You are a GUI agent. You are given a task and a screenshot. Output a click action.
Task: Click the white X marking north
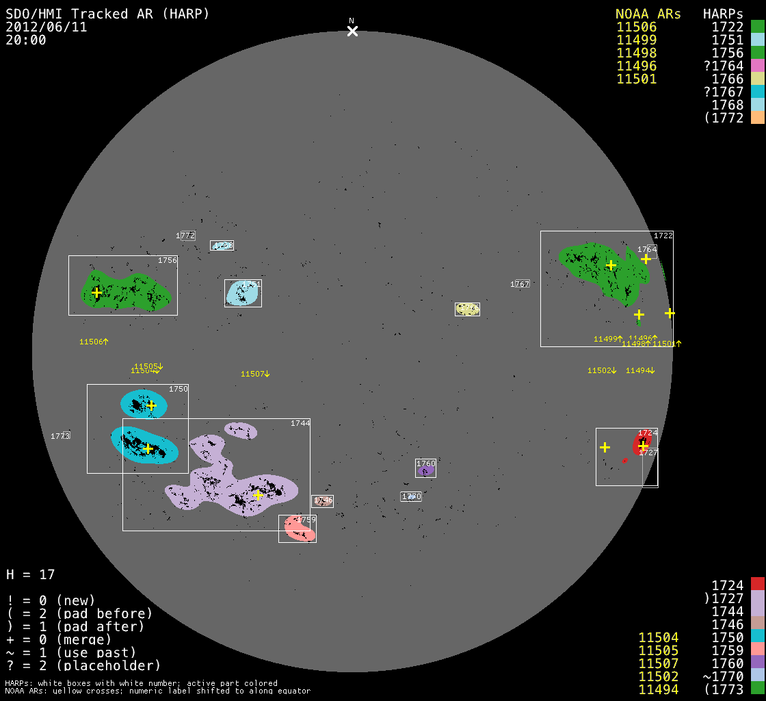tap(352, 31)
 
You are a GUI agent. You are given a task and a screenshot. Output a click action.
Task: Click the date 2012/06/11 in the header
tap(47, 27)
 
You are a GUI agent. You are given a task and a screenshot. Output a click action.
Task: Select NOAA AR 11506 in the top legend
tap(636, 27)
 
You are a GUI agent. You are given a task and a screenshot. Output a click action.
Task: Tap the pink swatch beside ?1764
tap(757, 66)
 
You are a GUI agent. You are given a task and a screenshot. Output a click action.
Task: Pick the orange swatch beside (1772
tap(757, 117)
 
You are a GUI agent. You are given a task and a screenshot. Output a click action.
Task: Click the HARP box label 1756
tap(168, 260)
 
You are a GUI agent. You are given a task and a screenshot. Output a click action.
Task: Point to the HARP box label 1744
tap(300, 423)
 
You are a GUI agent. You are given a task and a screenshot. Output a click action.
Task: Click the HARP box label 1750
tap(178, 389)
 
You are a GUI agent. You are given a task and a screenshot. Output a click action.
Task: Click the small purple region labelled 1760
tap(425, 471)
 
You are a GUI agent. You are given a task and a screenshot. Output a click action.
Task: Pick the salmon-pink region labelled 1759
tap(300, 529)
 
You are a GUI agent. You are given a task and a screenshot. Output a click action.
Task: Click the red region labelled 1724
tap(642, 445)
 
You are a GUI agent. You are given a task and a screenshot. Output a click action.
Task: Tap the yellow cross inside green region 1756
tap(96, 293)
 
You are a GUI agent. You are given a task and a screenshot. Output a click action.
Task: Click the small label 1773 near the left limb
tap(60, 436)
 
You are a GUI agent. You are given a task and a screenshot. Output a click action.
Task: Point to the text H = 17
tap(30, 574)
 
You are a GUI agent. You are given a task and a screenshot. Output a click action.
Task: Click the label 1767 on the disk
tap(520, 284)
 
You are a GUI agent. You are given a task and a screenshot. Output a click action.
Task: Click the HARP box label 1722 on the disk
tap(663, 235)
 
